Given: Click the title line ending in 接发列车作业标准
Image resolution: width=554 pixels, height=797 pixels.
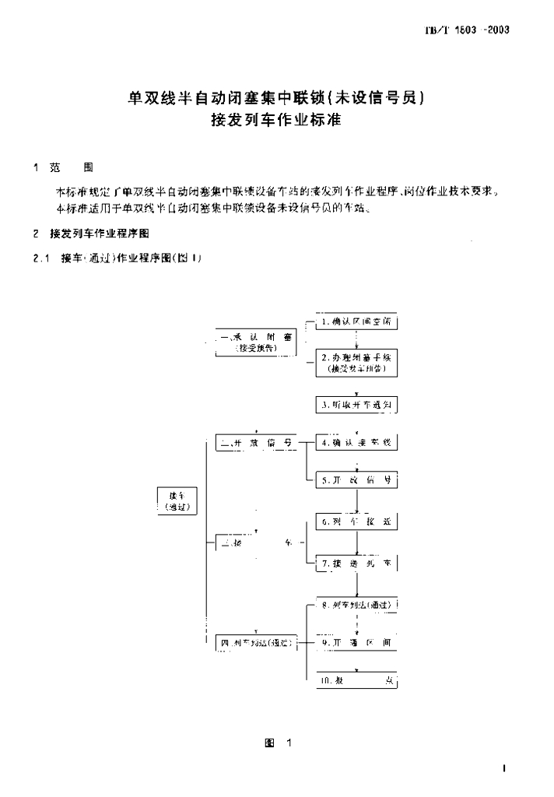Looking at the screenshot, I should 276,121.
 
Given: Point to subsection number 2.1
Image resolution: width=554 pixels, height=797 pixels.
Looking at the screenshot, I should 40,259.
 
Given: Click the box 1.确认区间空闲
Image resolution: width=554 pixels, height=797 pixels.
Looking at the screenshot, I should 356,321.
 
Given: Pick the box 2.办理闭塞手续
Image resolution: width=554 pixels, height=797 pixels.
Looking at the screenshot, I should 356,362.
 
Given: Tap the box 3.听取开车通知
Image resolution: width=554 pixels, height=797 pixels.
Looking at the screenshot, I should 356,405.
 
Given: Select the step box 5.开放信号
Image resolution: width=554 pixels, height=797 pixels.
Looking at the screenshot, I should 356,481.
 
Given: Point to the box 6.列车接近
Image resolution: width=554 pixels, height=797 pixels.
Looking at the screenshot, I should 356,518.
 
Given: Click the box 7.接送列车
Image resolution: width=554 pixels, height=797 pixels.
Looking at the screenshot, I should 356,562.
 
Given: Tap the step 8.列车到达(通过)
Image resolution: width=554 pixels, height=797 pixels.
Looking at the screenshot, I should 356,605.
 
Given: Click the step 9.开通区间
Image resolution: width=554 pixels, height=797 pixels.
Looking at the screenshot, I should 356,642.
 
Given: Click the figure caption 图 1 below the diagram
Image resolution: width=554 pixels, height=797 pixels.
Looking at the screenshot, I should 277,743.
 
